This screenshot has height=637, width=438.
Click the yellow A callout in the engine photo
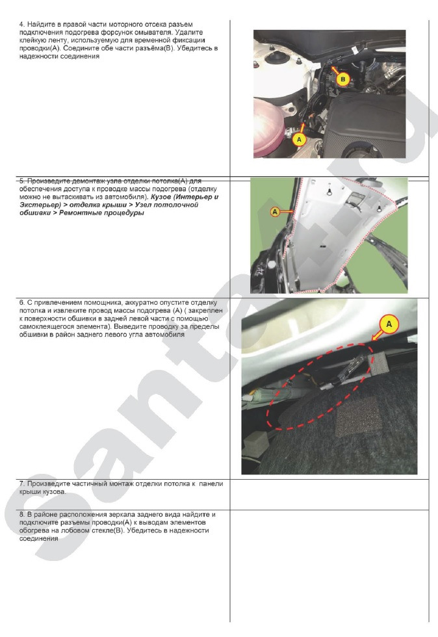tap(299, 139)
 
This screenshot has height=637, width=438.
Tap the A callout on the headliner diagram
tap(276, 211)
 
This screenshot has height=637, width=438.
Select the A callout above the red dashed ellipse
tap(389, 323)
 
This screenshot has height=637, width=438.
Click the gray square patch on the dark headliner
tap(355, 415)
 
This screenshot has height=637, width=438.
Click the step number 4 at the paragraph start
tap(21, 24)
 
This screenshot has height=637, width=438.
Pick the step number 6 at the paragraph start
tap(21, 303)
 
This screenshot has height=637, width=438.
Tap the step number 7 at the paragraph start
tap(21, 484)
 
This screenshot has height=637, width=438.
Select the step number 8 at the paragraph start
tap(21, 514)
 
